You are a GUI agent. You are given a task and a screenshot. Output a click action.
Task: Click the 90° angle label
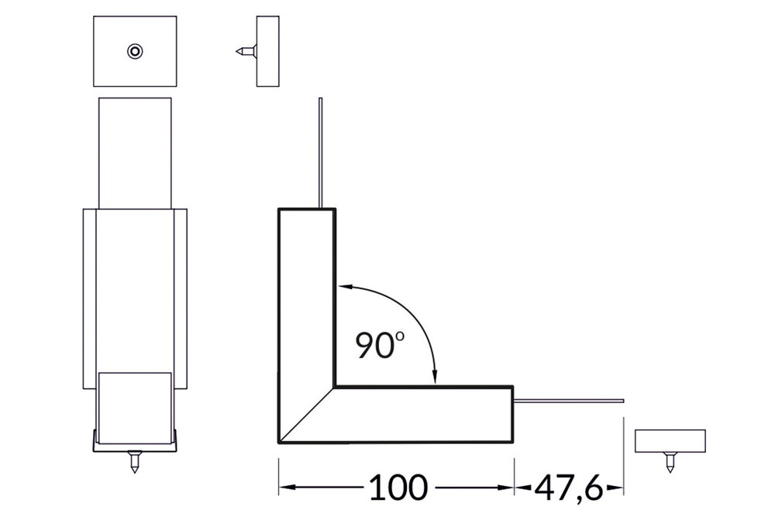pyautogui.click(x=377, y=344)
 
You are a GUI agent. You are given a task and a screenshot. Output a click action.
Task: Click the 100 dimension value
pyautogui.click(x=398, y=487)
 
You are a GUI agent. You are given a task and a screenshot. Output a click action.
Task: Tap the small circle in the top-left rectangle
pyautogui.click(x=135, y=51)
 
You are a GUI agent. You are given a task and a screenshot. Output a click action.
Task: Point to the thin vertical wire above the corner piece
pyautogui.click(x=319, y=151)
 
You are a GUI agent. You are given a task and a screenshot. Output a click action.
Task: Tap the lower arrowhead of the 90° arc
pyautogui.click(x=436, y=377)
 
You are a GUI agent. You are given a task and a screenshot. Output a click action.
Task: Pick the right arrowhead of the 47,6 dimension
pyautogui.click(x=618, y=488)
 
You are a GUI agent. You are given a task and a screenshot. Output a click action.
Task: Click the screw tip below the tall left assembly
pyautogui.click(x=135, y=464)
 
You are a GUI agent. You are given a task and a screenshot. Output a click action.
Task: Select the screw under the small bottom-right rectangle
pyautogui.click(x=669, y=464)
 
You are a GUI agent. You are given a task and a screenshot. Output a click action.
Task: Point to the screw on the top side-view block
pyautogui.click(x=244, y=51)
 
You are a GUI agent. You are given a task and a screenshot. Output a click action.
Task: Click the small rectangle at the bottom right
pyautogui.click(x=670, y=440)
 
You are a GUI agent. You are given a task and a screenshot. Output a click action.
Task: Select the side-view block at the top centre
pyautogui.click(x=267, y=51)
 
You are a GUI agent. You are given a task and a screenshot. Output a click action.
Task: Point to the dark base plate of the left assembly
pyautogui.click(x=136, y=444)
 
